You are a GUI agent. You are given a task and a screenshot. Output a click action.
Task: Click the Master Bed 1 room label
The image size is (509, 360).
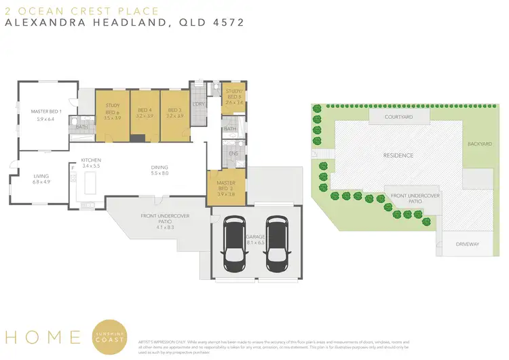[47, 111]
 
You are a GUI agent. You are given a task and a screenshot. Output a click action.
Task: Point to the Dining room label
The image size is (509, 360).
[159, 167]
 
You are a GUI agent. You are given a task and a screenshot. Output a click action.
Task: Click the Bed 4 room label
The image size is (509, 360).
[145, 110]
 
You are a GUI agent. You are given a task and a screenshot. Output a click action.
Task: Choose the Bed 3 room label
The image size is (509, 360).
[174, 110]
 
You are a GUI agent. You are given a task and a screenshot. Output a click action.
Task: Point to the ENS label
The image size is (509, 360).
[232, 154]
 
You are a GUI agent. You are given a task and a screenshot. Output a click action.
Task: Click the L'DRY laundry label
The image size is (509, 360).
[199, 103]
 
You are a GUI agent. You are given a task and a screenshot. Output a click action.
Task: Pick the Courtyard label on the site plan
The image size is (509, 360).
[398, 117]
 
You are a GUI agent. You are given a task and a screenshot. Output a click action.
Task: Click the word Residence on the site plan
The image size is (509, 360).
[398, 155]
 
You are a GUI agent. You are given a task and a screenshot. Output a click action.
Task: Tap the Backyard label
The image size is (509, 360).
[478, 144]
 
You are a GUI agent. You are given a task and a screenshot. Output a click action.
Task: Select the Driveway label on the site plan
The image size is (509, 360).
[467, 242]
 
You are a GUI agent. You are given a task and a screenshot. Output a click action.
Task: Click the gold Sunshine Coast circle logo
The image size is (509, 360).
[111, 336]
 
